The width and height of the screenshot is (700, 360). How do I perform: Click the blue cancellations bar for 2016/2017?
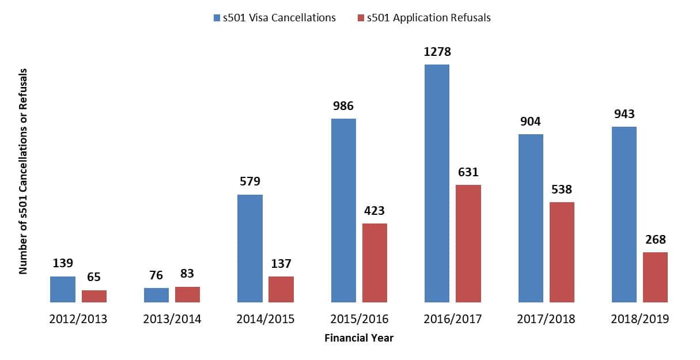point(437,183)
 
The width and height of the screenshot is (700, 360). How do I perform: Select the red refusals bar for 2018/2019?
point(655,277)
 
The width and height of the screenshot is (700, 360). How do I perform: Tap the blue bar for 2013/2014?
point(156,295)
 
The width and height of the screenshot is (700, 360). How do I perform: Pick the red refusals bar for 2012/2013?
point(94,296)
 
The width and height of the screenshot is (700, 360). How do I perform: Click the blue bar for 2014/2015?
point(250,248)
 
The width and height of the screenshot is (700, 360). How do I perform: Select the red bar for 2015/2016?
point(374,263)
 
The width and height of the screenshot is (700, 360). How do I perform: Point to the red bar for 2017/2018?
point(562,252)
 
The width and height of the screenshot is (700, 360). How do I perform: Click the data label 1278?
point(437,52)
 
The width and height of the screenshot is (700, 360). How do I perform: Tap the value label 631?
point(468,172)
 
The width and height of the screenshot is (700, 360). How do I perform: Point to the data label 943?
point(624,114)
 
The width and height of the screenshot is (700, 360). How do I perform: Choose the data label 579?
point(250,181)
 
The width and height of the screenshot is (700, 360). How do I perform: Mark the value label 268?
point(655,240)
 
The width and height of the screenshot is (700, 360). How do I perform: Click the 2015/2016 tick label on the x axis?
point(359,319)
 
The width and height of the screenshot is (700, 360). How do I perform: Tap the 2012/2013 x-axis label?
point(78,319)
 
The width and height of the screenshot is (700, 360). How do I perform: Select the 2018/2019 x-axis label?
point(640,319)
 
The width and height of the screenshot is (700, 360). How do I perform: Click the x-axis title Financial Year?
point(359,338)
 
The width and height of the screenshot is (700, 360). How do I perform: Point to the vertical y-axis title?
point(24,172)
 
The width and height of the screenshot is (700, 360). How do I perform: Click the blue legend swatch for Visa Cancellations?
point(215,18)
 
